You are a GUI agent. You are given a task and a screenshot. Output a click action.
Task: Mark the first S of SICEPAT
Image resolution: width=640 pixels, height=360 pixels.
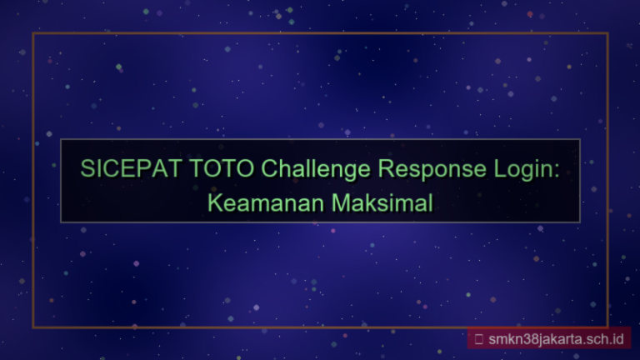pyautogui.click(x=87, y=168)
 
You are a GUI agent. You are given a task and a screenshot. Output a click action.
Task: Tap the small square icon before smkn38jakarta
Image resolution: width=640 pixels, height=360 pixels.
pyautogui.click(x=479, y=339)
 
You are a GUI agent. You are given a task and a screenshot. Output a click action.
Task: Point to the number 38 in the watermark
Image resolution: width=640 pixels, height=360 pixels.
pyautogui.click(x=532, y=339)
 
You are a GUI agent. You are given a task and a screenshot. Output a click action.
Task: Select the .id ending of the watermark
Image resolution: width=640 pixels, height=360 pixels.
pyautogui.click(x=615, y=339)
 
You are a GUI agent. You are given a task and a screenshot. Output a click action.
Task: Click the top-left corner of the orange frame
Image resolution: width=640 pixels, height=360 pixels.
pyautogui.click(x=33, y=33)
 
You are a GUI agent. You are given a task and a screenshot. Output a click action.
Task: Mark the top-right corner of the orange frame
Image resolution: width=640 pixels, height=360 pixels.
pyautogui.click(x=607, y=33)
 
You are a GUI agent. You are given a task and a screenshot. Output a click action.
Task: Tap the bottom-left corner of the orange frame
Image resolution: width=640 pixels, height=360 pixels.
pyautogui.click(x=33, y=327)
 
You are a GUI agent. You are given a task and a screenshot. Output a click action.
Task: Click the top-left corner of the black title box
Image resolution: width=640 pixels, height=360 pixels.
pyautogui.click(x=61, y=140)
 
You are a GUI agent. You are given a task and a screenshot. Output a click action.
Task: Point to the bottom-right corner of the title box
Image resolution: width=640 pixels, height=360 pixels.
pyautogui.click(x=579, y=222)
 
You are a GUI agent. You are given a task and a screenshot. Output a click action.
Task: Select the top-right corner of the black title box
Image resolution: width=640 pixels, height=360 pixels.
pyautogui.click(x=579, y=140)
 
